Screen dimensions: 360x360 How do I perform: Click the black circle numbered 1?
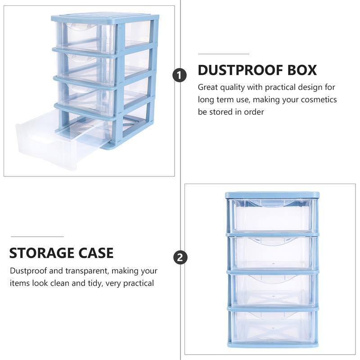coord(180,75)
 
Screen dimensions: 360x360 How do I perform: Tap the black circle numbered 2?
coord(180,258)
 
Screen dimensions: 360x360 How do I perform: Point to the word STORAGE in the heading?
coord(42,253)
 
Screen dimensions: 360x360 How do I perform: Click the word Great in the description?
coord(208,87)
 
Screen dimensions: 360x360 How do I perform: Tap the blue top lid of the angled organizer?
coord(106,18)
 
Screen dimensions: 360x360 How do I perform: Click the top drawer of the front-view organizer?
coord(272,216)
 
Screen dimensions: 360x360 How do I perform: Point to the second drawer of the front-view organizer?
coord(272,252)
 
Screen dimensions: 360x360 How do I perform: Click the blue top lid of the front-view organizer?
coord(272,195)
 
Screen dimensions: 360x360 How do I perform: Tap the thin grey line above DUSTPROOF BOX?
coord(223,54)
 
